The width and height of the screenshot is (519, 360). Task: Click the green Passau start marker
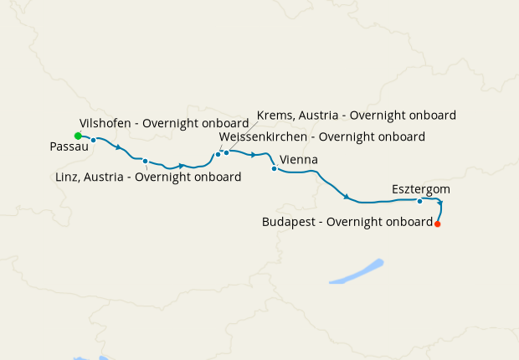pyautogui.click(x=78, y=136)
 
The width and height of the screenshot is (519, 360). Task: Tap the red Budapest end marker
pyautogui.click(x=437, y=224)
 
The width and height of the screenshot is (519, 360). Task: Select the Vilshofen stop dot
pyautogui.click(x=94, y=140)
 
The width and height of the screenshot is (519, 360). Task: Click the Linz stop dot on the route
pyautogui.click(x=145, y=161)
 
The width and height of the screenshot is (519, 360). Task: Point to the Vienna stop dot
pyautogui.click(x=274, y=168)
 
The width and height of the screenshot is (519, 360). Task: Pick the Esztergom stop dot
pyautogui.click(x=419, y=201)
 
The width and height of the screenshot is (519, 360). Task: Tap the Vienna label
pyautogui.click(x=299, y=159)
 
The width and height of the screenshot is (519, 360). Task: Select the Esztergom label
pyautogui.click(x=421, y=189)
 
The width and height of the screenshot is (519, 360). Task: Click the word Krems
pyautogui.click(x=275, y=115)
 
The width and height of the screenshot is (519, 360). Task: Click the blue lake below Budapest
pyautogui.click(x=356, y=273)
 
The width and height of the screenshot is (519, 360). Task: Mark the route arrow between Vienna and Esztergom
pyautogui.click(x=346, y=197)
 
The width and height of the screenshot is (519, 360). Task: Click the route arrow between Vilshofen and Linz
pyautogui.click(x=119, y=148)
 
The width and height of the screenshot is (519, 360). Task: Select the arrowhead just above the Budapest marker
pyautogui.click(x=440, y=203)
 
